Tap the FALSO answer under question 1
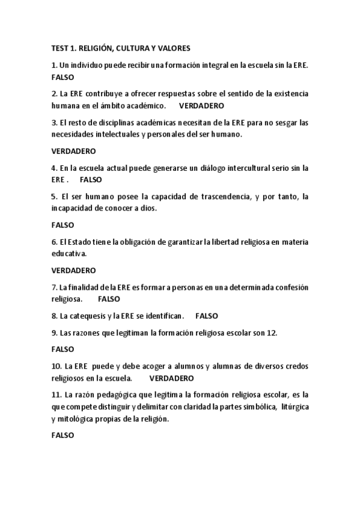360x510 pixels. click(63, 78)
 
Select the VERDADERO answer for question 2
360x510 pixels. click(201, 106)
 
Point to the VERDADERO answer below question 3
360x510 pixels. click(73, 151)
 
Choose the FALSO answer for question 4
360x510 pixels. click(91, 179)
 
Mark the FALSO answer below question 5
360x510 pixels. click(63, 225)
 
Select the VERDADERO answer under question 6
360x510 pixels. click(73, 270)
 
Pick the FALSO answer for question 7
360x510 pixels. click(109, 298)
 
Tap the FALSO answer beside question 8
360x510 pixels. click(207, 315)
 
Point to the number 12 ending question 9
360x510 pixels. click(272, 332)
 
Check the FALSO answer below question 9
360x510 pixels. click(63, 348)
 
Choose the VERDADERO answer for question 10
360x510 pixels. click(171, 378)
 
